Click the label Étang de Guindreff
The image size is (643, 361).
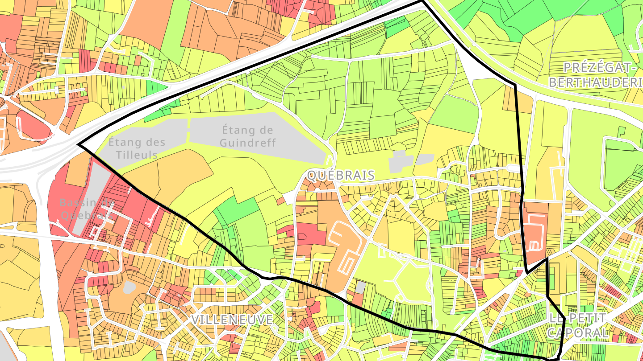click(x=248, y=136)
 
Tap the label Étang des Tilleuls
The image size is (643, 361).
click(x=137, y=148)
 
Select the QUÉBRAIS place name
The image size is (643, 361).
click(x=341, y=175)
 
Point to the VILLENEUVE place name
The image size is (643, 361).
click(x=232, y=320)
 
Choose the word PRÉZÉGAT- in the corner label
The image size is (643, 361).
click(x=599, y=68)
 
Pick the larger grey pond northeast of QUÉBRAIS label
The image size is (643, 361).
click(x=399, y=164)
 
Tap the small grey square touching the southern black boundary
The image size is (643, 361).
click(x=360, y=287)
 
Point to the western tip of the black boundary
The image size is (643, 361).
click(x=79, y=144)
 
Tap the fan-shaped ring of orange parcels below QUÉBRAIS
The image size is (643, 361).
click(x=318, y=186)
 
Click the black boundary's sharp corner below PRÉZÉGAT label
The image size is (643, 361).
click(x=515, y=84)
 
